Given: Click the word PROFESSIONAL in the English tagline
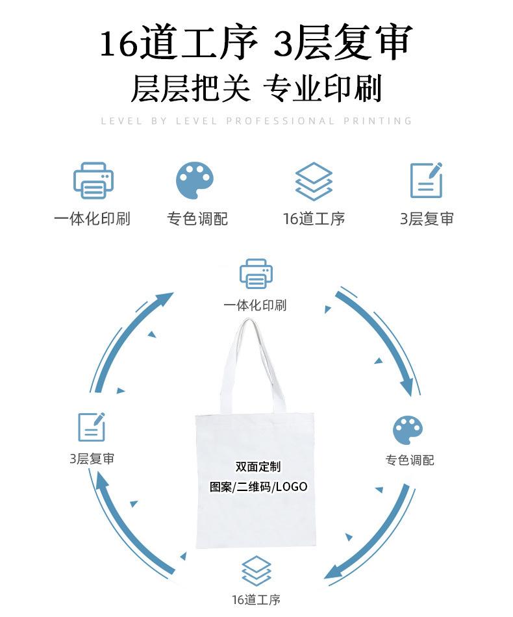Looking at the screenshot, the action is coord(281,121).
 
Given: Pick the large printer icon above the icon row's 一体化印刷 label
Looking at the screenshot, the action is coord(94,181).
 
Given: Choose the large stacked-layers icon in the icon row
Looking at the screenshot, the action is coord(314,181).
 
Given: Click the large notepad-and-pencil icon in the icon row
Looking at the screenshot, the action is coord(426,180).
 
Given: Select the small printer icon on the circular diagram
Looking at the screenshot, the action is coord(256,273).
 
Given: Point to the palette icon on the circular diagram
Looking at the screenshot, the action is coord(408,431).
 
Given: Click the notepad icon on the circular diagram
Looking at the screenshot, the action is coord(92,427).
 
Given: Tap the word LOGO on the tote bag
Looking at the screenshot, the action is coord(291,486).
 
